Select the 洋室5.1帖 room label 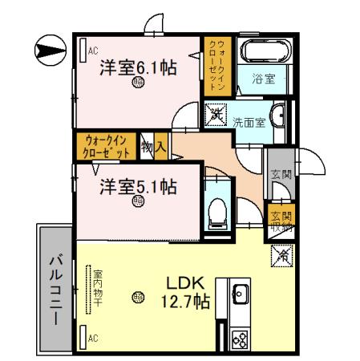[x=138, y=188]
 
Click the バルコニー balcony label [x=55, y=289]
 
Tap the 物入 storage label [x=153, y=147]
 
